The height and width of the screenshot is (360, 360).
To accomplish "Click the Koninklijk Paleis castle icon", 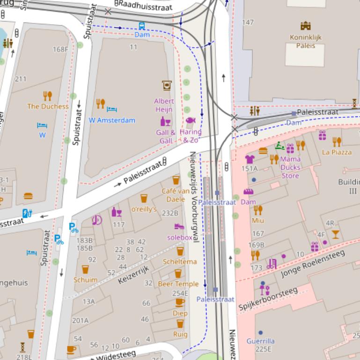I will [x=306, y=26].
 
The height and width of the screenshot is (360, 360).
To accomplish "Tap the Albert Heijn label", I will [x=164, y=105].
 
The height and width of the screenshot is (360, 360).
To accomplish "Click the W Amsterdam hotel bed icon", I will [x=111, y=109].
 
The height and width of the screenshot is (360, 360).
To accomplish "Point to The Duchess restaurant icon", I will [x=47, y=96].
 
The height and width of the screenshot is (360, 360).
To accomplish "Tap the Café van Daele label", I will [x=176, y=195].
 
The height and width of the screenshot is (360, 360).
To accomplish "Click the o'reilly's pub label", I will [x=144, y=209].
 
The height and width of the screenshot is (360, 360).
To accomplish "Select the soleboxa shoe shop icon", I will [x=179, y=227].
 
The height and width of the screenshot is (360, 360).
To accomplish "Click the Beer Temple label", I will [x=178, y=284].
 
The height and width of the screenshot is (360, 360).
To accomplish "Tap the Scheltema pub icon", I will [x=180, y=252].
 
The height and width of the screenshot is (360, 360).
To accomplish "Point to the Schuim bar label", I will [x=86, y=280].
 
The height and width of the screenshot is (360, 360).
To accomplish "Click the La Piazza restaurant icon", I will [x=337, y=142].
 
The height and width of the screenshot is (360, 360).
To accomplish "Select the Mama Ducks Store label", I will [x=290, y=167].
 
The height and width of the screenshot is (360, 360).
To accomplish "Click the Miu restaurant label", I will [x=258, y=220].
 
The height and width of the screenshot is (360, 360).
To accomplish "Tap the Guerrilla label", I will [x=260, y=341].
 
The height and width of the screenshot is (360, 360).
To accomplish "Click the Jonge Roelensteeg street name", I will [x=312, y=264].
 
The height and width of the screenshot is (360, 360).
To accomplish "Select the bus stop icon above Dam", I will [x=141, y=26].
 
